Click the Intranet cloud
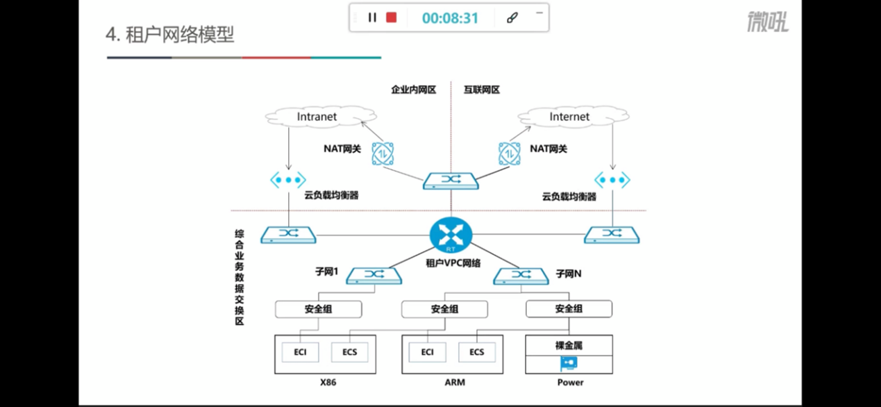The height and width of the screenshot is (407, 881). click(317, 117)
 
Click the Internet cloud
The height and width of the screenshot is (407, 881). click(569, 117)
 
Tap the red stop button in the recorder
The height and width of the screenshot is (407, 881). click(392, 17)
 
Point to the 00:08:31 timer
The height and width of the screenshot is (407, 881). click(450, 18)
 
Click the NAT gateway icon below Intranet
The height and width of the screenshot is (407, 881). click(383, 153)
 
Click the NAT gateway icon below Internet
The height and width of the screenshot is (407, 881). click(510, 153)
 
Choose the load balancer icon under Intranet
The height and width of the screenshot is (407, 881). click(288, 179)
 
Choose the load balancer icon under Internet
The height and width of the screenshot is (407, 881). click(612, 181)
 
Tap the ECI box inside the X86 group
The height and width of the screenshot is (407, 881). click(300, 352)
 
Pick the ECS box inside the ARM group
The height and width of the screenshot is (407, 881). click(476, 352)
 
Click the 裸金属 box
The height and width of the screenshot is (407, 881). click(569, 344)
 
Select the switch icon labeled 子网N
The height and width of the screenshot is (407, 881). click(521, 276)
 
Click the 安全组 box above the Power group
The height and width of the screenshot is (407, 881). click(569, 309)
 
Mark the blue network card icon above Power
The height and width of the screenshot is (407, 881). click(569, 363)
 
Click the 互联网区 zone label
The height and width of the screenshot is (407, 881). click(482, 90)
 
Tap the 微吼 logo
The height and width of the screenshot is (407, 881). click(768, 22)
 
